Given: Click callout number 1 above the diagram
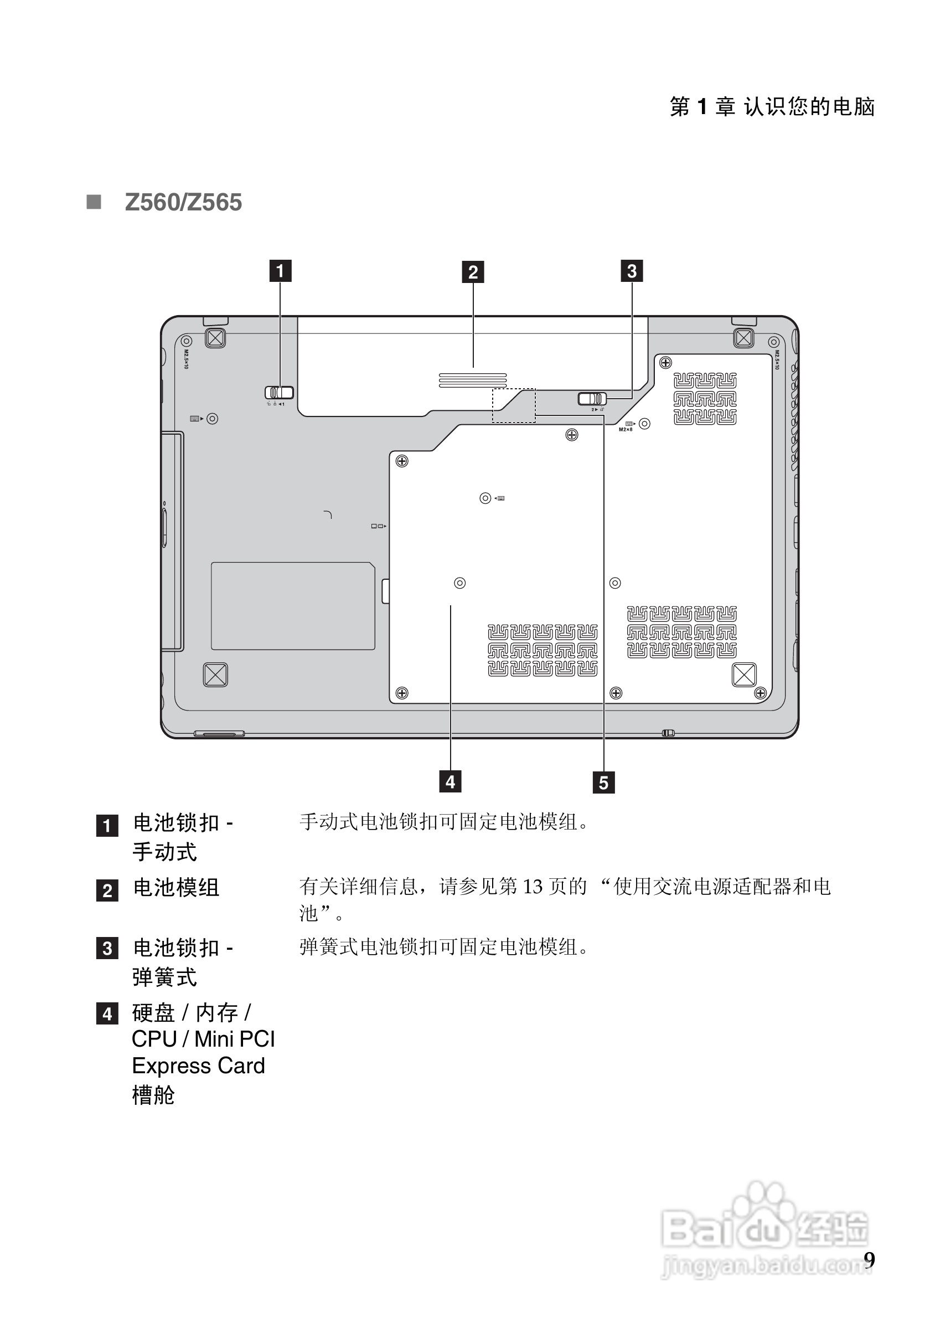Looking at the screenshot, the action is coord(280,271).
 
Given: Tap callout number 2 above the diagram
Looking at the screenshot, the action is coord(473,271).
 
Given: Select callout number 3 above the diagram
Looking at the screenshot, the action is coord(632,271).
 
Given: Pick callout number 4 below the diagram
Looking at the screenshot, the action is coord(451,781).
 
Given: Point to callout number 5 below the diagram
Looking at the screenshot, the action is coord(603,782).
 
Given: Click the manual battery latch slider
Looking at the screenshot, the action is coord(279,393).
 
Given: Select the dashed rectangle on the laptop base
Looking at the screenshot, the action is coord(514,405).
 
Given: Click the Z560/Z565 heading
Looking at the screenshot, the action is coord(183,202).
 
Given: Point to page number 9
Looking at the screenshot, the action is coord(869,1259).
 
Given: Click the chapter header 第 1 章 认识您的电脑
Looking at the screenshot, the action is coord(772,107).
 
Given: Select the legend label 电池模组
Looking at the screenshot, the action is coord(176,888).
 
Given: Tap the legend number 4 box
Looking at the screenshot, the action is coord(107,1015).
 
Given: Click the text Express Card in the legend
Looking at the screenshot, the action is coord(199,1066).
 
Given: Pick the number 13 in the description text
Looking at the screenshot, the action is coord(533,887).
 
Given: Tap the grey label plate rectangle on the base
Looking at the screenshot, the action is coord(293,606).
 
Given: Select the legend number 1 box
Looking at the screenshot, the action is coord(107,826).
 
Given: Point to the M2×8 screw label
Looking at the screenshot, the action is coord(626,429).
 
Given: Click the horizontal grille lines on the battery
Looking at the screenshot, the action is coord(473,380).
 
